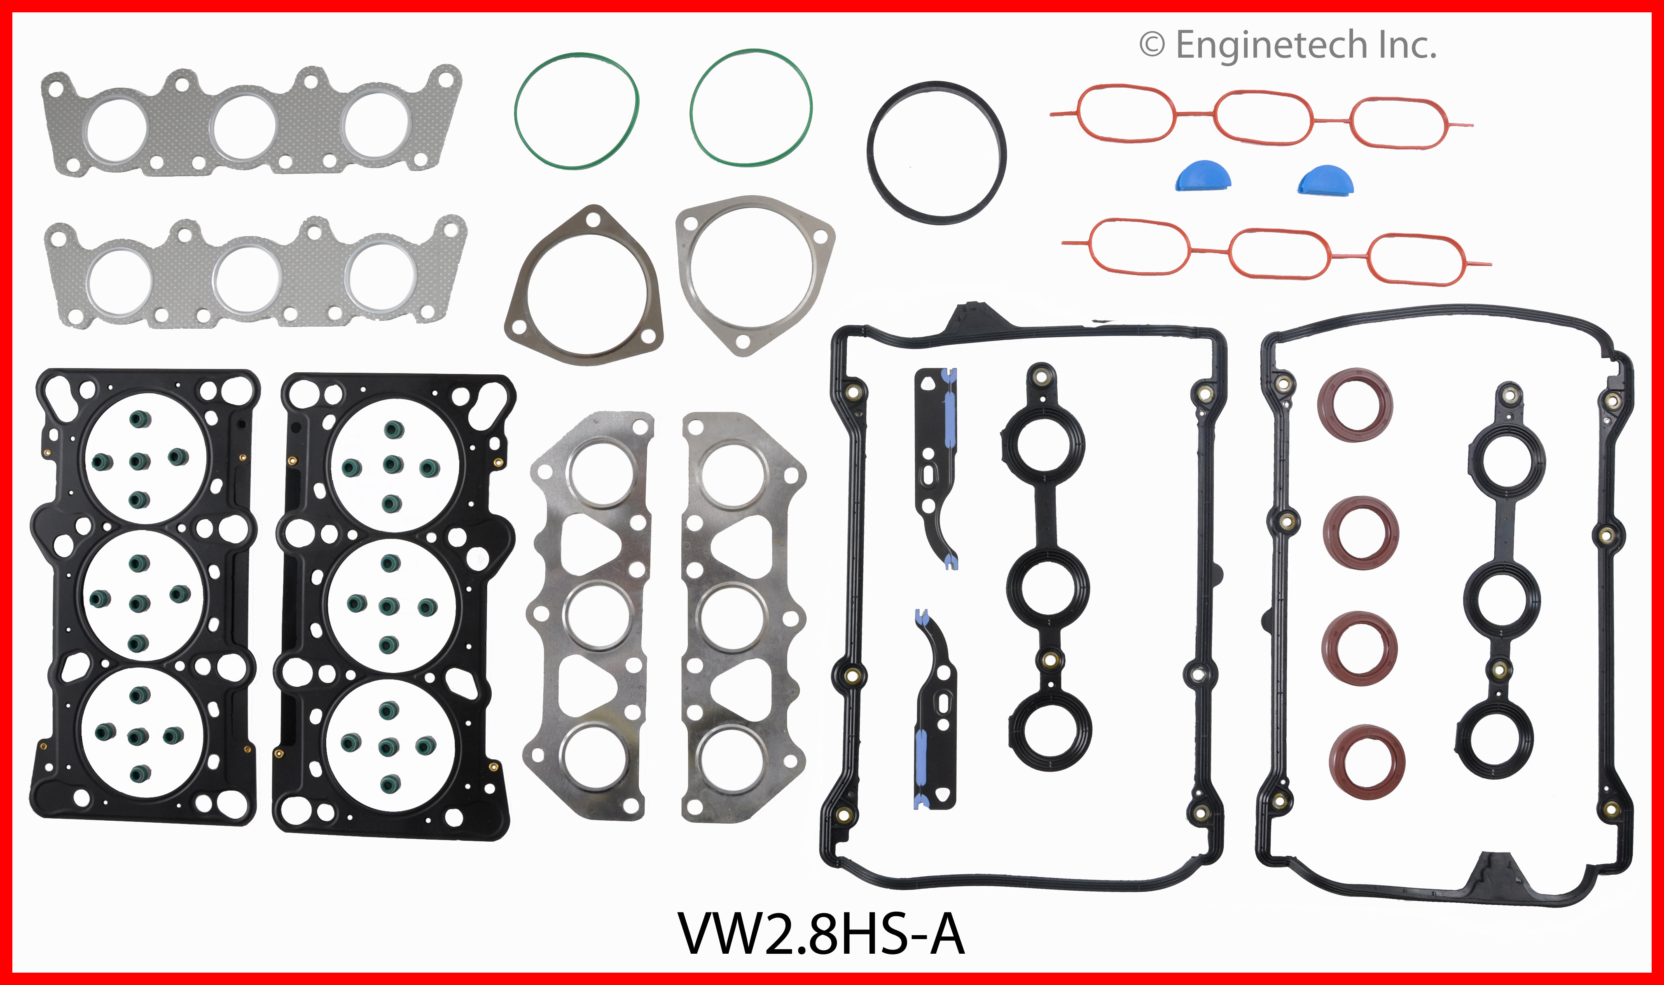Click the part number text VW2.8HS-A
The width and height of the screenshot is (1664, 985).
[x=820, y=933]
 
